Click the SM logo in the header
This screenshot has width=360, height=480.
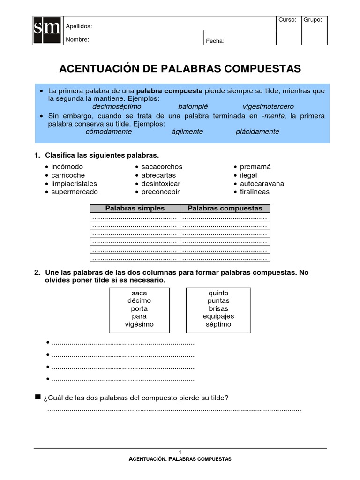[x=47, y=31]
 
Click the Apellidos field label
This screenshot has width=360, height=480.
[x=79, y=26]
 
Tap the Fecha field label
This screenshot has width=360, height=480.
[x=215, y=41]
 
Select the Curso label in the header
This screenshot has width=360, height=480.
[x=287, y=20]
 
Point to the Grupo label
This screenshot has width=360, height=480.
[x=313, y=20]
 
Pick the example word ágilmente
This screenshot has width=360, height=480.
[x=187, y=131]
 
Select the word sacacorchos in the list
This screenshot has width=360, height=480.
[x=162, y=167]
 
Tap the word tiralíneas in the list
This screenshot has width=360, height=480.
[x=255, y=192]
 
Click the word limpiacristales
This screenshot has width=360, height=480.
[x=74, y=184]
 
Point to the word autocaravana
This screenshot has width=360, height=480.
[x=262, y=184]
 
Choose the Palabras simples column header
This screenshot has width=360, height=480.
[x=135, y=208]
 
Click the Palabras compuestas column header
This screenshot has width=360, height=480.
[x=225, y=208]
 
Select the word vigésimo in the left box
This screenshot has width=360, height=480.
[x=139, y=324]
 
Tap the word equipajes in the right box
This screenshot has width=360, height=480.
[x=218, y=316]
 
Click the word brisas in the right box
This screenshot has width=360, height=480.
[x=218, y=308]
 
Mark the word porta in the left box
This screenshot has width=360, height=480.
[x=139, y=308]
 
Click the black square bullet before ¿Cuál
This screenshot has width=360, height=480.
[x=38, y=397]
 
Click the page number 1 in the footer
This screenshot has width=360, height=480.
[x=180, y=452]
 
